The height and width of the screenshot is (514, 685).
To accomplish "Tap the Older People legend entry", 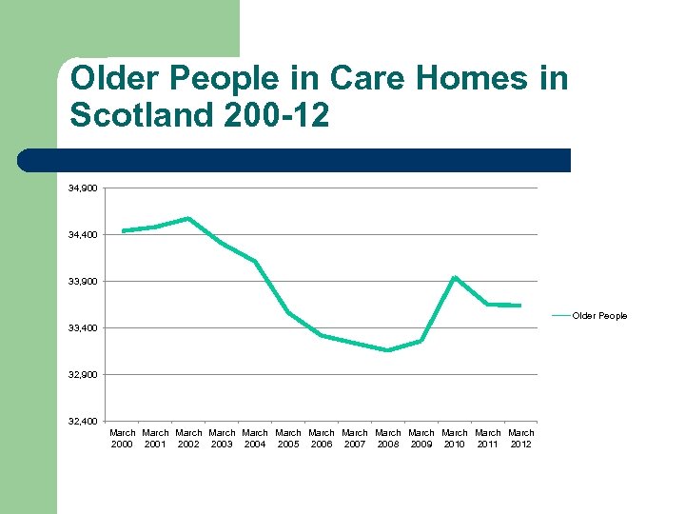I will pyautogui.click(x=598, y=315).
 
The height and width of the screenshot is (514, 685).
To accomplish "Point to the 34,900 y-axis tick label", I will pyautogui.click(x=82, y=188).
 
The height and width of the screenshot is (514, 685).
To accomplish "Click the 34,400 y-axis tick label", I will pyautogui.click(x=82, y=234).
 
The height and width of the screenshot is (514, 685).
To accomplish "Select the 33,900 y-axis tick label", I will pyautogui.click(x=82, y=281).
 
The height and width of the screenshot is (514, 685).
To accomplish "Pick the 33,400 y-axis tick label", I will pyautogui.click(x=82, y=327).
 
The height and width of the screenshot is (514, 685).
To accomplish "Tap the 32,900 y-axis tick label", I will pyautogui.click(x=82, y=374).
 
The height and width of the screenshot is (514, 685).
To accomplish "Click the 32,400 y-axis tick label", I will pyautogui.click(x=82, y=421).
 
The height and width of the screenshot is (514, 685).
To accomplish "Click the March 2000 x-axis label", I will pyautogui.click(x=122, y=438).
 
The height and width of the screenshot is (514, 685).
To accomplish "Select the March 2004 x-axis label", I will pyautogui.click(x=255, y=438).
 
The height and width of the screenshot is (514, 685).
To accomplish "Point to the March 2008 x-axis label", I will pyautogui.click(x=388, y=438).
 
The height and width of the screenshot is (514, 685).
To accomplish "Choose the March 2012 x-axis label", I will pyautogui.click(x=520, y=438).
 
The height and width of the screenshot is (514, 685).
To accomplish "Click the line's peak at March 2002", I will pyautogui.click(x=188, y=218).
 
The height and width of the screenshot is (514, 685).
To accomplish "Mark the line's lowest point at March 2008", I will pyautogui.click(x=388, y=350).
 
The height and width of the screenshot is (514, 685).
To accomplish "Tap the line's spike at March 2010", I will pyautogui.click(x=455, y=277).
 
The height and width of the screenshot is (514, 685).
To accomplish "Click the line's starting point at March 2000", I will pyautogui.click(x=123, y=230).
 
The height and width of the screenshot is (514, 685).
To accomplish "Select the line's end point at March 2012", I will pyautogui.click(x=520, y=306).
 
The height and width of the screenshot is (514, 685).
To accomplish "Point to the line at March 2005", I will pyautogui.click(x=288, y=312).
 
